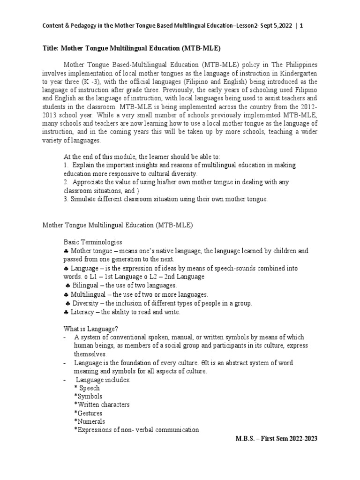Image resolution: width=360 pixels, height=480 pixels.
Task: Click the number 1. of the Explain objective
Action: pyautogui.click(x=66, y=165)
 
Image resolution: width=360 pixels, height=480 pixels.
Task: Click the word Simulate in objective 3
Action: pyautogui.click(x=83, y=199)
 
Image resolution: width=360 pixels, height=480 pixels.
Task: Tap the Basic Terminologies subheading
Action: pyautogui.click(x=93, y=242)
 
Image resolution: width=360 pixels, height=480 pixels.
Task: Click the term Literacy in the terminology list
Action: pyautogui.click(x=84, y=312)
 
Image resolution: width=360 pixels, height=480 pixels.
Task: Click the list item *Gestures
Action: pyautogui.click(x=88, y=413)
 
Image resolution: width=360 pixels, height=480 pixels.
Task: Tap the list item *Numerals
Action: pyautogui.click(x=89, y=421)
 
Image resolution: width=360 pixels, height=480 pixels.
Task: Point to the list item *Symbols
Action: pyautogui.click(x=88, y=396)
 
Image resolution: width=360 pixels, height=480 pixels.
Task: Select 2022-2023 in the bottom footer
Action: pyautogui.click(x=301, y=438)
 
